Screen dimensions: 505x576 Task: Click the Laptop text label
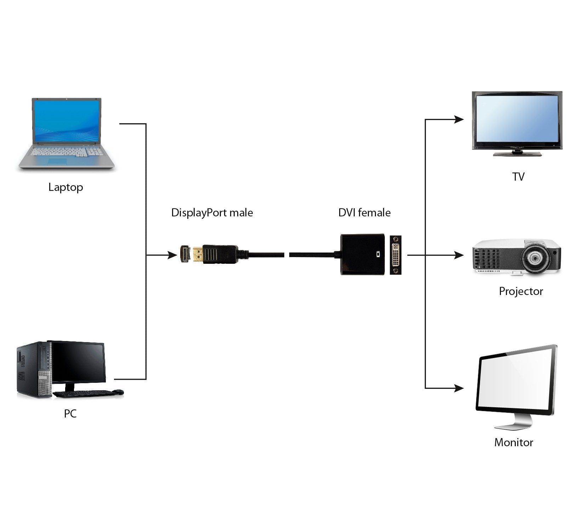pyautogui.click(x=65, y=187)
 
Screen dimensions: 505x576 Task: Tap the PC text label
pyautogui.click(x=70, y=413)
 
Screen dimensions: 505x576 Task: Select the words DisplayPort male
pyautogui.click(x=212, y=213)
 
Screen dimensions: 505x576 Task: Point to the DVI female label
pyautogui.click(x=364, y=213)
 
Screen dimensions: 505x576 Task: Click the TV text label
pyautogui.click(x=518, y=176)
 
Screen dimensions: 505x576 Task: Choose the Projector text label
pyautogui.click(x=520, y=291)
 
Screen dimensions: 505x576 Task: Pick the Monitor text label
pyautogui.click(x=513, y=442)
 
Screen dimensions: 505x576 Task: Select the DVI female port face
pyautogui.click(x=395, y=255)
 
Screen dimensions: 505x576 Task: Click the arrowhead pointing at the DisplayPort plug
pyautogui.click(x=172, y=255)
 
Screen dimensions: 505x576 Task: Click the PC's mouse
pyautogui.click(x=119, y=392)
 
